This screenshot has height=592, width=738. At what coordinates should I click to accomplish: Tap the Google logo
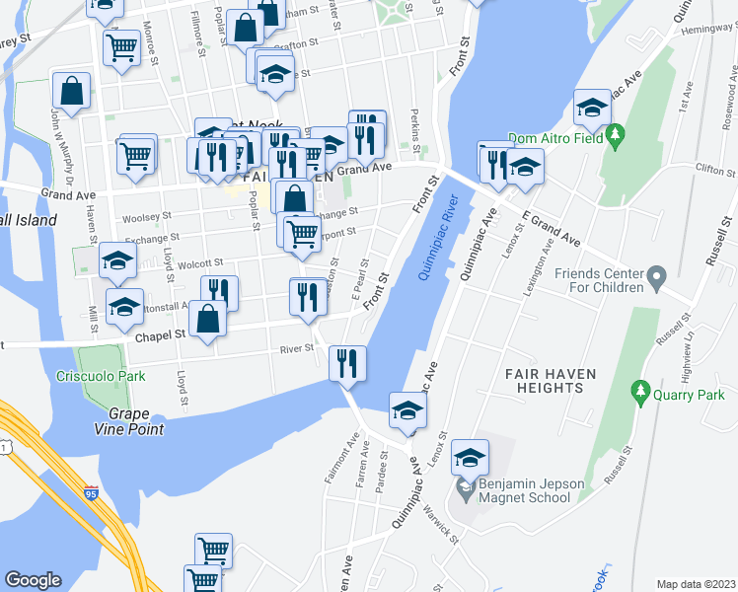[33, 580]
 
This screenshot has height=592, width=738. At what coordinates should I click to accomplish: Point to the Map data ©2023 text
[695, 584]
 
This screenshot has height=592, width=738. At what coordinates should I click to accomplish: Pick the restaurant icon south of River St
[347, 363]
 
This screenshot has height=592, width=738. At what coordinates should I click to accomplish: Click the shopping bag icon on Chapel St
[208, 319]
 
